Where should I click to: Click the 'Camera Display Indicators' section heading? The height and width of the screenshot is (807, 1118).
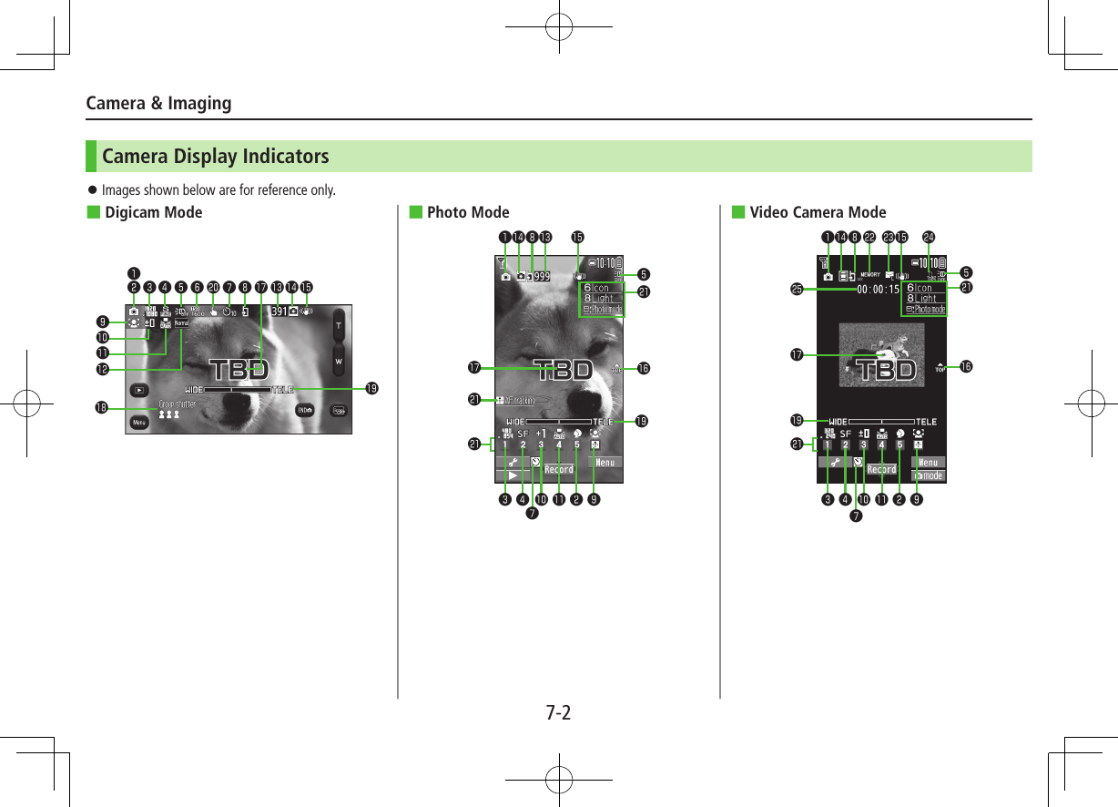point(215,157)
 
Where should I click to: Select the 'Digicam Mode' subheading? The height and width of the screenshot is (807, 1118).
point(153,213)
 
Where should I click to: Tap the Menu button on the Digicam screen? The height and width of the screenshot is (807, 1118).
point(139,423)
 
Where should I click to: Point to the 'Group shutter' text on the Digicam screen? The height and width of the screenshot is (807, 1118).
point(178,403)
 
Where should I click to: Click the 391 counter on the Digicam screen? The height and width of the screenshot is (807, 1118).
point(279,311)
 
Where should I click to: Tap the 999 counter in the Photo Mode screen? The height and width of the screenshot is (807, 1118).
point(542,276)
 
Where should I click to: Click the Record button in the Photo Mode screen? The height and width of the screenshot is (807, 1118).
point(558,470)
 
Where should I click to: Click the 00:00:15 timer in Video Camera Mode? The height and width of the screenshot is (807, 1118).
point(878,290)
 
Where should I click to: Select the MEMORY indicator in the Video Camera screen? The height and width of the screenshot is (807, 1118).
point(869,275)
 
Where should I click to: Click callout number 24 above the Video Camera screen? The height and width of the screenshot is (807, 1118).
point(929,239)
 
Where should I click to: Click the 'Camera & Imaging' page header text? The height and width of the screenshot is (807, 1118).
point(158,103)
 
